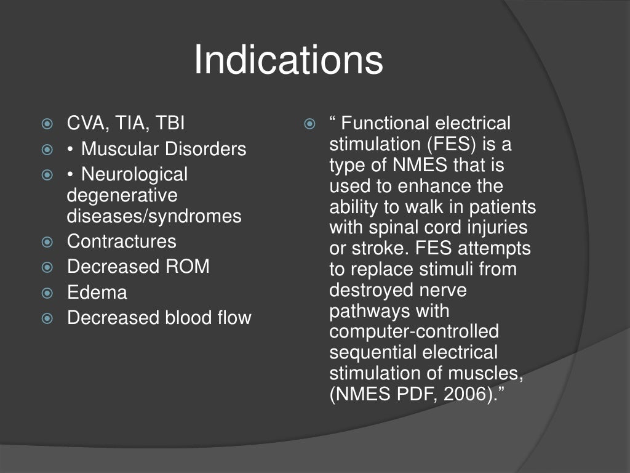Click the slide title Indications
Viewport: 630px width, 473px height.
coord(289,60)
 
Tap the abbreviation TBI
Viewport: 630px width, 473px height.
coord(169,123)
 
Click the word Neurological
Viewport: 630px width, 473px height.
coord(134,174)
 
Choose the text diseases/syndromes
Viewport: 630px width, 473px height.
coord(154,216)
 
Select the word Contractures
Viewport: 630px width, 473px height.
coord(121,241)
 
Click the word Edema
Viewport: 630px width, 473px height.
coord(97,293)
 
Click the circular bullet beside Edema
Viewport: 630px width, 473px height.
coord(48,293)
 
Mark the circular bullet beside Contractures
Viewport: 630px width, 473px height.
coord(48,242)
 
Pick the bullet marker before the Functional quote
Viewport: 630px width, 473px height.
coord(310,124)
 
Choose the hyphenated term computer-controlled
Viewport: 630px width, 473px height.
coord(414,332)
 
